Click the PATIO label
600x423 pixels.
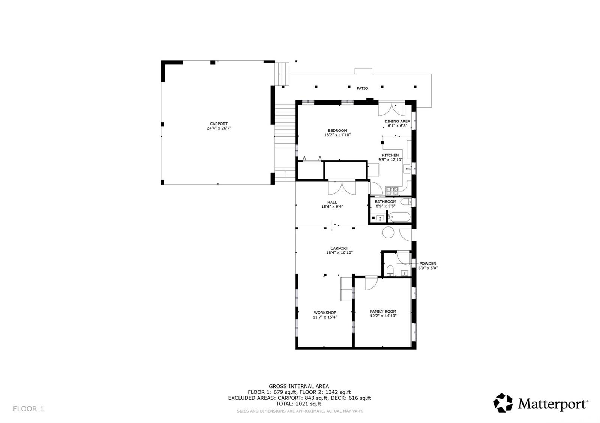click(x=362, y=88)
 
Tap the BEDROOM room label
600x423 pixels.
click(x=337, y=131)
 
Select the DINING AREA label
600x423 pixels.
click(x=397, y=121)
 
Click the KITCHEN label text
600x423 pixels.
click(x=390, y=155)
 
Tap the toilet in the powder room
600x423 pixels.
click(x=390, y=270)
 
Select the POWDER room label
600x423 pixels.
click(x=427, y=264)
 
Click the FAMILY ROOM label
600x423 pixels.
click(x=383, y=311)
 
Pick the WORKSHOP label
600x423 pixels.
click(x=325, y=313)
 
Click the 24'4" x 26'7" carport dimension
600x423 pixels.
click(x=219, y=128)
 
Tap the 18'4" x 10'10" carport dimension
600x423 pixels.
click(x=339, y=253)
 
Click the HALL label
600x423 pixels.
click(x=332, y=202)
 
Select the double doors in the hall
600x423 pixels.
click(x=342, y=187)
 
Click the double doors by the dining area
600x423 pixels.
click(x=391, y=109)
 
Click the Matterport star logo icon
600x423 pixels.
click(x=502, y=403)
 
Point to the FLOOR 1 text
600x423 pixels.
click(x=28, y=409)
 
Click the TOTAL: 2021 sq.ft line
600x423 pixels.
click(x=299, y=404)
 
